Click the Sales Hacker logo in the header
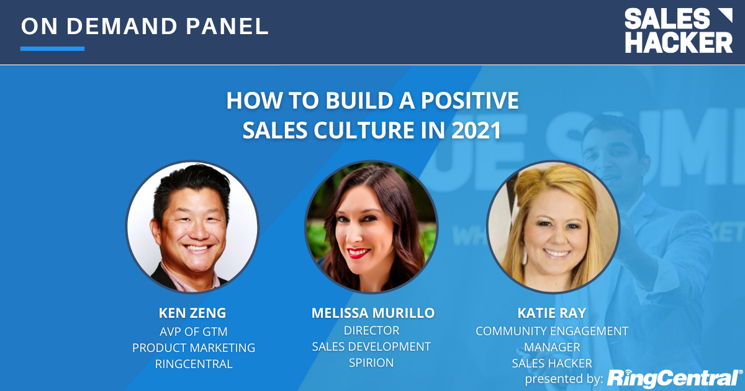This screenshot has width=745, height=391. point(678,30)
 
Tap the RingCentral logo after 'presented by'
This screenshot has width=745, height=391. point(674,378)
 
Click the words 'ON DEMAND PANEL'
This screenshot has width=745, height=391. point(145,27)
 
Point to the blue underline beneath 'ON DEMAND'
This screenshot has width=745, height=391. point(52,48)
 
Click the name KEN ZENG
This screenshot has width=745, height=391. point(193,313)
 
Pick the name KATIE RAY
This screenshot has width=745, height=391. point(552,313)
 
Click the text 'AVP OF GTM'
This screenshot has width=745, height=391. point(194,331)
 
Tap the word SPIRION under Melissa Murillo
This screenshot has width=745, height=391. point(371,362)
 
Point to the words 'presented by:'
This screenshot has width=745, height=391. point(564,379)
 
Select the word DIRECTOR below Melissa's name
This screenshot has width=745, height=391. point(371,330)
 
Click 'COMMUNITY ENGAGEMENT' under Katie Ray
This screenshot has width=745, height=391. point(552,331)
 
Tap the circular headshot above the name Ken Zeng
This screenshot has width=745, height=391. point(192,227)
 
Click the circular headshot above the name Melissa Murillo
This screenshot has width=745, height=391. point(371,227)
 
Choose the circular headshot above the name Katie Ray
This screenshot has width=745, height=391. point(553,227)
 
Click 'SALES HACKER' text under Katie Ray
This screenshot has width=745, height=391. point(552,363)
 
